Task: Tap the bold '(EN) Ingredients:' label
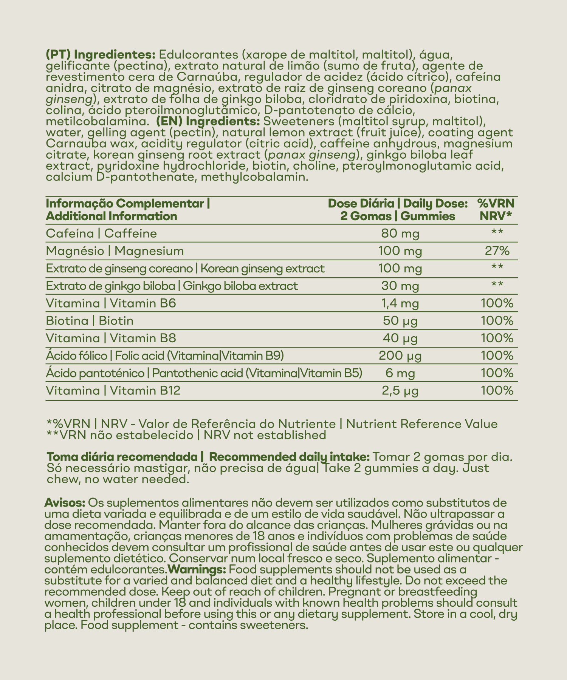207,122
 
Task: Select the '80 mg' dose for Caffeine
400,233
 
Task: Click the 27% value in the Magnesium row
497,251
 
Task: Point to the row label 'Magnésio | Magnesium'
115,251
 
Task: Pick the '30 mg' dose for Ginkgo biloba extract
400,286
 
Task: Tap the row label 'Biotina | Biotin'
90,321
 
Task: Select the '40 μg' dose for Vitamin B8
400,338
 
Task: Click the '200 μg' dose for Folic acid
400,356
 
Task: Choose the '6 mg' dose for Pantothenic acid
400,373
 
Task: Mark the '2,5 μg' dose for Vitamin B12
400,391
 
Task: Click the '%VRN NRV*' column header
496,210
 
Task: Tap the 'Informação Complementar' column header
128,204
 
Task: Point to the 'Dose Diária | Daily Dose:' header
398,204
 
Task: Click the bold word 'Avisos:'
65,504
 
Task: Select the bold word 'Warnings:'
197,569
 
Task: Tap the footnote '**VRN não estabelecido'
119,435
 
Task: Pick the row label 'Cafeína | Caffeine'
101,233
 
